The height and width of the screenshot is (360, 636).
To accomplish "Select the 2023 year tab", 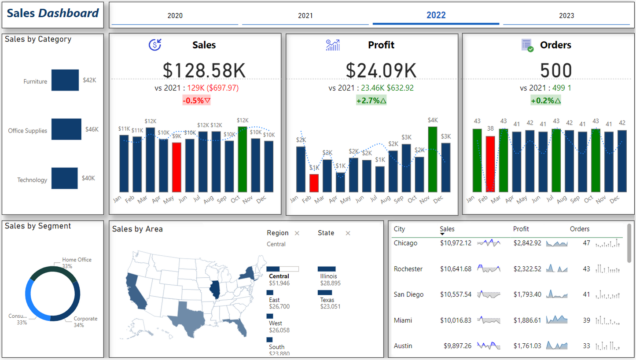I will tap(566, 16).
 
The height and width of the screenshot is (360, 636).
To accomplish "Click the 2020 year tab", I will tap(175, 16).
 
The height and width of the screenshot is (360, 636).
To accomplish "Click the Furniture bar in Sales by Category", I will tap(65, 80).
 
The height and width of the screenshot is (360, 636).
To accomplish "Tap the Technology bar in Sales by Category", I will tap(64, 178).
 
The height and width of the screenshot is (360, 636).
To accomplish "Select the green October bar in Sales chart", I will tap(243, 159).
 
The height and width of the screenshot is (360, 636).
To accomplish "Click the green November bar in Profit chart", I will tap(433, 159).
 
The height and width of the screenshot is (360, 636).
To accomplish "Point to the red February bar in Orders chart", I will tap(490, 164).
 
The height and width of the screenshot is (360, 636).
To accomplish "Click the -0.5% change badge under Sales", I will tap(197, 100).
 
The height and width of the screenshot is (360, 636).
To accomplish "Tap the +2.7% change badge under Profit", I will tap(371, 100).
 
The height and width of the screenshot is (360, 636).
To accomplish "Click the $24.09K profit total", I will tap(381, 70).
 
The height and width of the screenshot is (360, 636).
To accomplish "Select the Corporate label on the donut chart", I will tap(85, 319).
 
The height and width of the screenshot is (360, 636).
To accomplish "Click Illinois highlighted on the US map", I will tap(215, 290).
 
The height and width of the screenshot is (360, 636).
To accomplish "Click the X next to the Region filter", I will tap(297, 233).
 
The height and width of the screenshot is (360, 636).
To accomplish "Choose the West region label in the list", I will tap(276, 323).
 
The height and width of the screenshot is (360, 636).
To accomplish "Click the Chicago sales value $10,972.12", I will tap(456, 243).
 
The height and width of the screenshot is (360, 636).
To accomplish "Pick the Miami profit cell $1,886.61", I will tap(527, 320).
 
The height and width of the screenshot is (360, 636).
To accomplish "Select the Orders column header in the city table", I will tap(580, 229).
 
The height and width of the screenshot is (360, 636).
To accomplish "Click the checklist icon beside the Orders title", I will tap(527, 45).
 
